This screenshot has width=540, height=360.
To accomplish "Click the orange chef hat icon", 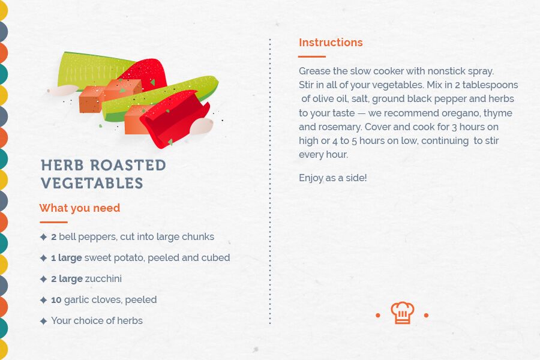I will click(402, 313).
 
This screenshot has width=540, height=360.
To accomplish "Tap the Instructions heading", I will click(331, 43).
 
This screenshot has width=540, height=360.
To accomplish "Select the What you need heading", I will click(80, 208).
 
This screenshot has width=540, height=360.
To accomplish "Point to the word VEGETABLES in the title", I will click(92, 183).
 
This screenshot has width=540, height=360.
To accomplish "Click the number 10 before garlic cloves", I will click(56, 300).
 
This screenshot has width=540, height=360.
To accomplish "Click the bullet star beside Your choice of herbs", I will click(43, 321).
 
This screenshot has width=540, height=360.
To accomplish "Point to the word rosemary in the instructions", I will click(341, 127).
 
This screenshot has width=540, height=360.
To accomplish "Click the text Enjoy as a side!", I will click(332, 178).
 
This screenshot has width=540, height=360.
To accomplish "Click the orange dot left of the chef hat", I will click(378, 315).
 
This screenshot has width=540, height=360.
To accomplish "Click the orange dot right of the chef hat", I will click(426, 315).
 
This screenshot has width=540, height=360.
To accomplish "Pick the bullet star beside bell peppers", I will click(43, 237).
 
